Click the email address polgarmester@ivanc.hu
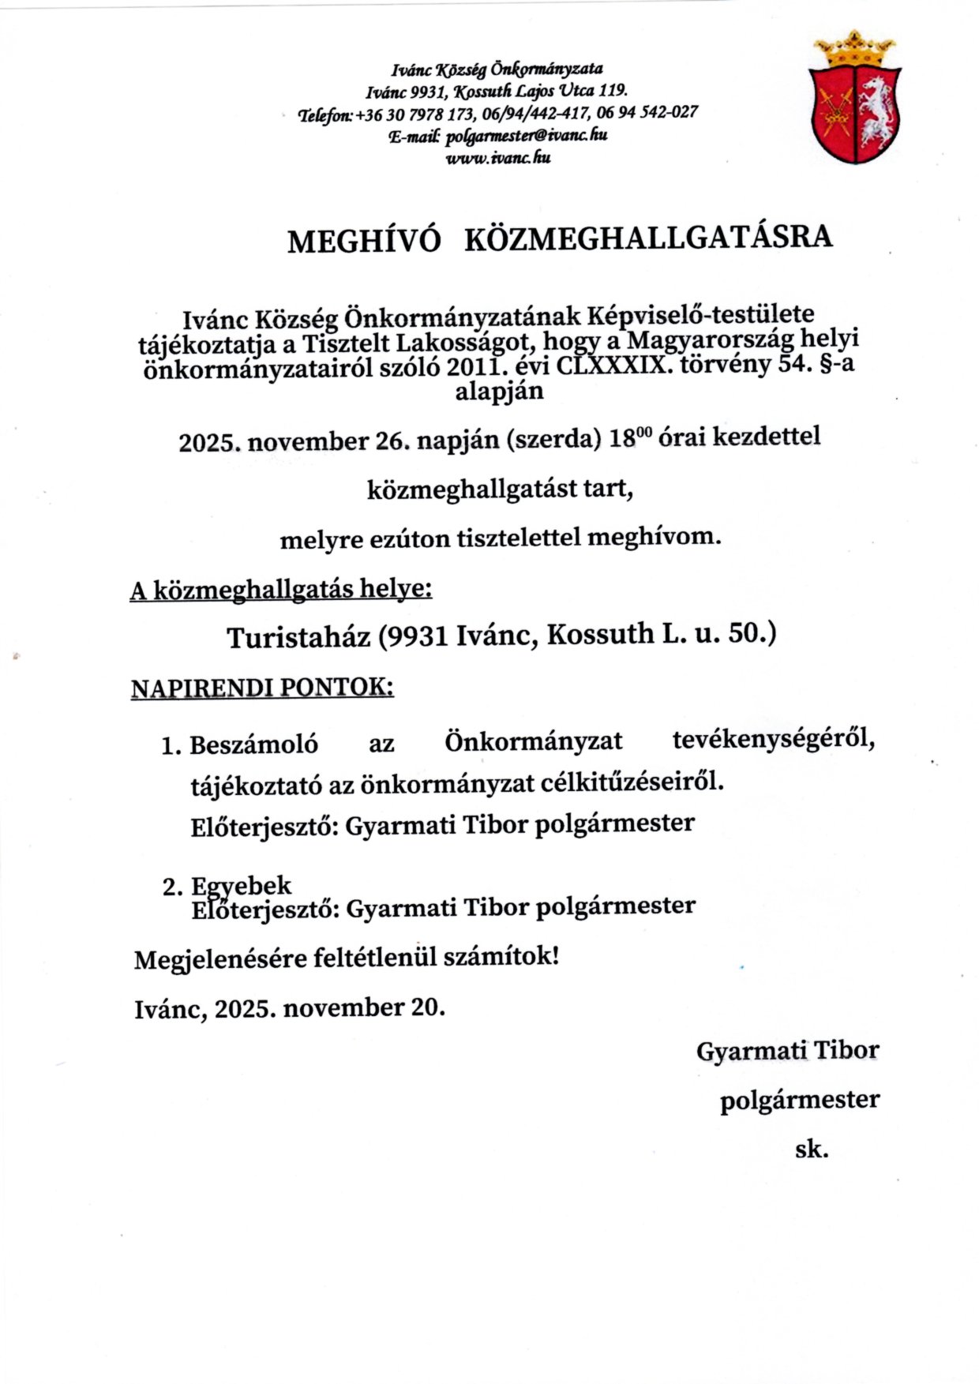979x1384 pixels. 526,135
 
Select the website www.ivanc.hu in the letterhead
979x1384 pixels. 497,158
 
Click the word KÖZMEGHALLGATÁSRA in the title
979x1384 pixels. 648,238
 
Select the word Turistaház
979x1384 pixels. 299,637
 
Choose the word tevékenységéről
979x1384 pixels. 774,741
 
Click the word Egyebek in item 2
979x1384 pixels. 242,885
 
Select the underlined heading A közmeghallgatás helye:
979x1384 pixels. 281,590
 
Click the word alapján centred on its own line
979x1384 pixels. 499,392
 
